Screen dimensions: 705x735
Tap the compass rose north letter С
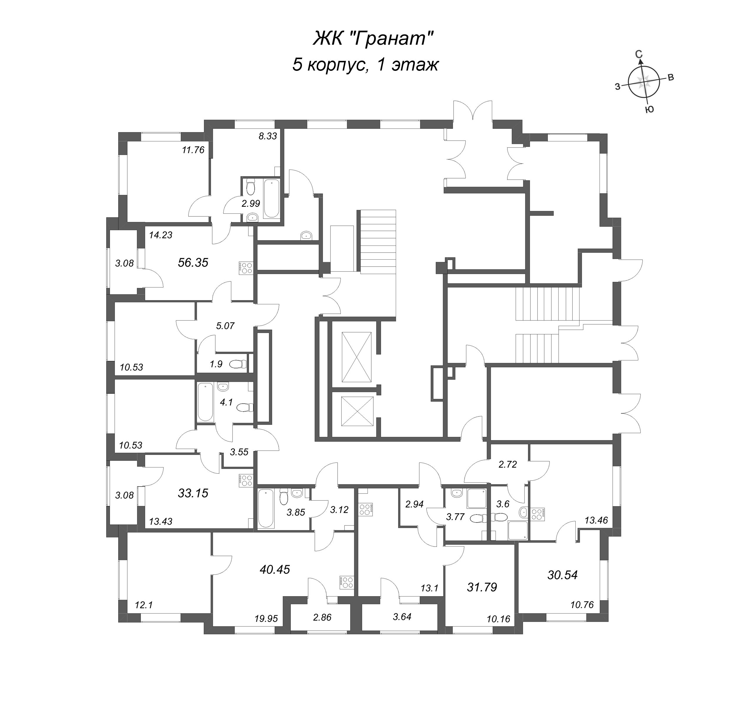pyautogui.click(x=639, y=54)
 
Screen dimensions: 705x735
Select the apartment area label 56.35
pyautogui.click(x=193, y=263)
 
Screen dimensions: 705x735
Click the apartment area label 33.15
pyautogui.click(x=193, y=493)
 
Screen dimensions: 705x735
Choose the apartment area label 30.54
pyautogui.click(x=562, y=575)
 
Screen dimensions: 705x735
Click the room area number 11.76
pyautogui.click(x=193, y=150)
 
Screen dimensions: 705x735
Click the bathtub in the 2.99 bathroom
pyautogui.click(x=271, y=199)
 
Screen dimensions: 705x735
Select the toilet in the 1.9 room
pyautogui.click(x=238, y=364)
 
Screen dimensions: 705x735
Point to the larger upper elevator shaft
pyautogui.click(x=356, y=357)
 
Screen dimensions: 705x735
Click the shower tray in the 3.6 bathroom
pyautogui.click(x=517, y=530)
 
